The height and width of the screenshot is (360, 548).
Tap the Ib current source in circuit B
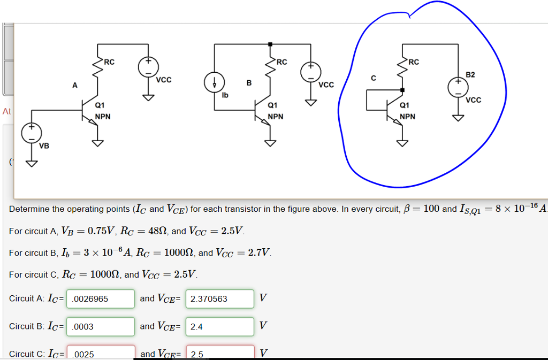click(214, 83)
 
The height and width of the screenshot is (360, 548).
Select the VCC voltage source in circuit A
click(148, 67)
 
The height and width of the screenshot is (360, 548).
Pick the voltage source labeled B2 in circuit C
click(458, 87)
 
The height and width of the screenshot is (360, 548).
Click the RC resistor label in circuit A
click(109, 62)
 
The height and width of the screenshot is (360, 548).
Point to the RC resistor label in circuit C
click(414, 62)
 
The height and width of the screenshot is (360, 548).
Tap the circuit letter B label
click(248, 83)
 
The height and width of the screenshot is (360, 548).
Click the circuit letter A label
click(75, 85)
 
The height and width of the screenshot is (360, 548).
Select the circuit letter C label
click(374, 79)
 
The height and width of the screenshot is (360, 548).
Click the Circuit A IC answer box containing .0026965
click(100, 299)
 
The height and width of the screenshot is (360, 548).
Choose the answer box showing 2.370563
click(219, 299)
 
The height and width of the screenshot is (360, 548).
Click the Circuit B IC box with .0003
click(100, 326)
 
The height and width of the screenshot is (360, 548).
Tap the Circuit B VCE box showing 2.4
click(219, 326)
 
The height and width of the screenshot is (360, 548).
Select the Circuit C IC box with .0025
click(100, 353)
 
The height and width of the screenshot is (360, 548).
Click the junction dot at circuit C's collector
click(402, 90)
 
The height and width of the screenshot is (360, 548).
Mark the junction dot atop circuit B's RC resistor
click(270, 44)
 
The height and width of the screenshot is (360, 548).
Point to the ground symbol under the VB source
click(32, 163)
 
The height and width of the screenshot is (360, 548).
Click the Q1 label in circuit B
click(272, 105)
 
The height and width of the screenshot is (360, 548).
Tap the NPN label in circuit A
click(103, 116)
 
